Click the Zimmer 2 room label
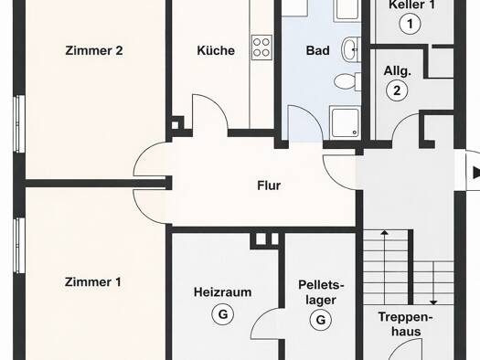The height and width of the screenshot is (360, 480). [x=94, y=51]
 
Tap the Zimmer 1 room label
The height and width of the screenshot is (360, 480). [x=92, y=282]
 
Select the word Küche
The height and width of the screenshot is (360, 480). [x=216, y=50]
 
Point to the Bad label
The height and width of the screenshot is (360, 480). [x=318, y=50]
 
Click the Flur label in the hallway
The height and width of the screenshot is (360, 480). [x=269, y=185]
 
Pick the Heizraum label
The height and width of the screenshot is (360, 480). [x=222, y=292]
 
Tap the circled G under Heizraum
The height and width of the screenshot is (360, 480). [x=223, y=314]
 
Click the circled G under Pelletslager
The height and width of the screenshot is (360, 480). [x=321, y=320]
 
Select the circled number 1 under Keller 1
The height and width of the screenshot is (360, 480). [x=410, y=24]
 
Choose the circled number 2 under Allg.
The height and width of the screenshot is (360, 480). [x=397, y=90]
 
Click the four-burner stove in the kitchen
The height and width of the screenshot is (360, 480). [x=261, y=48]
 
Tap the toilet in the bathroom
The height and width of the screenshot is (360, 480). [x=347, y=81]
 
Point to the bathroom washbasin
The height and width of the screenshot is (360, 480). [x=351, y=49]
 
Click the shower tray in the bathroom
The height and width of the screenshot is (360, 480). [x=345, y=122]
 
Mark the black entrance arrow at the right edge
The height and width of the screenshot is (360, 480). [x=476, y=172]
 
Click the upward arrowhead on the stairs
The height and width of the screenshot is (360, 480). [x=385, y=233]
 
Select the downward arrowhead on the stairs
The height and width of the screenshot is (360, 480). [x=433, y=302]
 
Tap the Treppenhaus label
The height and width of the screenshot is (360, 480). [x=406, y=323]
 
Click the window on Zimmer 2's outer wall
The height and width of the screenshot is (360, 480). [x=19, y=123]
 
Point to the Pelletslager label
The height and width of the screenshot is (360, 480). [x=321, y=292]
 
